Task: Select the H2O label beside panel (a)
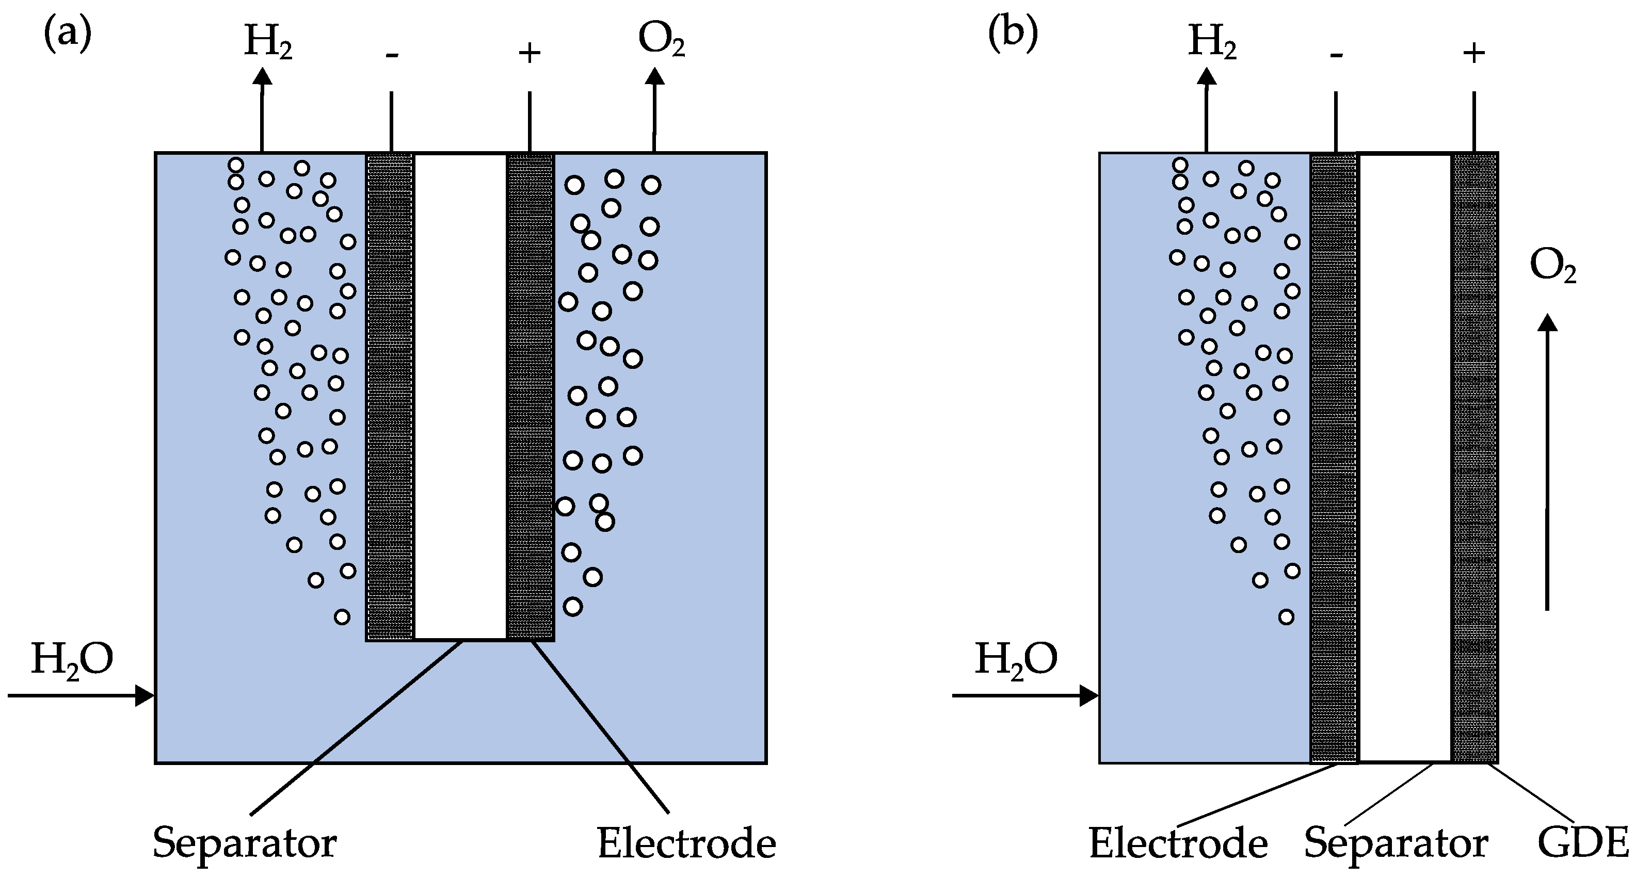(72, 660)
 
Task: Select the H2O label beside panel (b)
(1016, 660)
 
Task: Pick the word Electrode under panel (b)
(1178, 844)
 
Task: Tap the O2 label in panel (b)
(1552, 267)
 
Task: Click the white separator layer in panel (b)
(1405, 457)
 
